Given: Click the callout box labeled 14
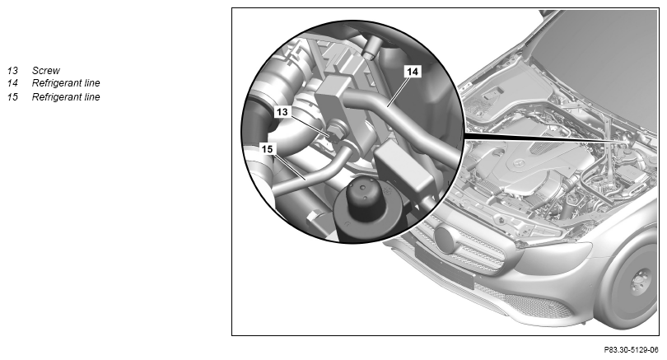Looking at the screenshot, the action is [413, 72].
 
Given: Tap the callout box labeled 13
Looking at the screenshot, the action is [282, 112].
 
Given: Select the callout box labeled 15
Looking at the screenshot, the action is [267, 149].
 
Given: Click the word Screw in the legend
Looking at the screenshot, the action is [46, 71].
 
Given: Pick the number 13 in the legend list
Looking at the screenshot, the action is [12, 71].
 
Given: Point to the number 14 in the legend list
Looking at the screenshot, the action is [12, 83].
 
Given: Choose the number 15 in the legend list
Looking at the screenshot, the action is [12, 97].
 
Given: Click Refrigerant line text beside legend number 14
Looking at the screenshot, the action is [66, 83].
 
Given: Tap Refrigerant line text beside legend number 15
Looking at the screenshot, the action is [66, 97].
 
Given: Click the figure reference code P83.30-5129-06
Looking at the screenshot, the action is [631, 350].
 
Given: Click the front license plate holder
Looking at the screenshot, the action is [445, 265].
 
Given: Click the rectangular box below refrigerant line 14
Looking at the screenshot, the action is [403, 169].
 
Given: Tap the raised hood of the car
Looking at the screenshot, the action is [604, 63].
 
